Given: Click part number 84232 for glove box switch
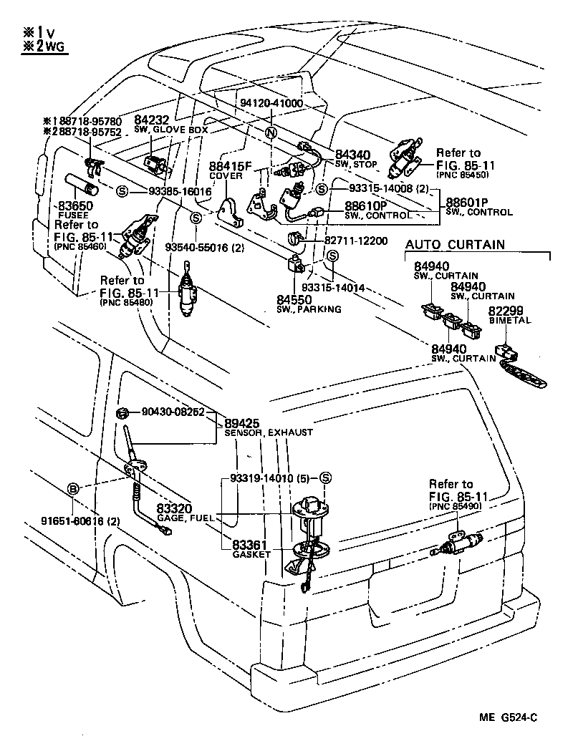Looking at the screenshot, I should (x=152, y=121).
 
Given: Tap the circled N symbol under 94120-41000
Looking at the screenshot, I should (x=271, y=133).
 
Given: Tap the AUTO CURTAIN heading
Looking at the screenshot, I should (x=455, y=245).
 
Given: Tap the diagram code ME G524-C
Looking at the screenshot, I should (x=509, y=718).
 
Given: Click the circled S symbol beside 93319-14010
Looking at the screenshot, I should (x=324, y=478).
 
